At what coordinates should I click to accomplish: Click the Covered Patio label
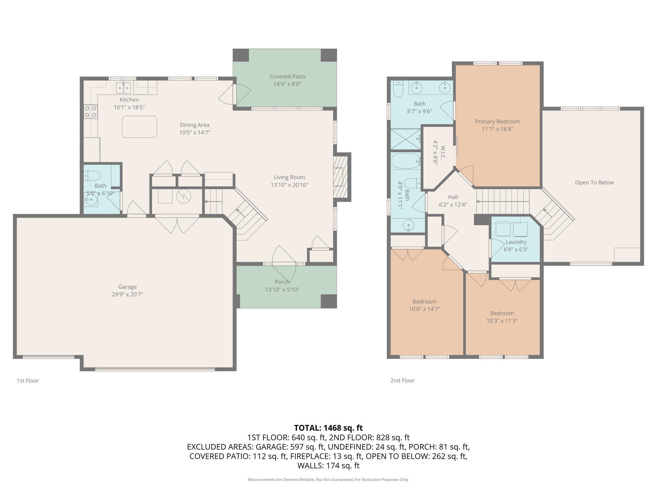tap(287, 77)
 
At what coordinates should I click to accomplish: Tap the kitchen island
tap(139, 127)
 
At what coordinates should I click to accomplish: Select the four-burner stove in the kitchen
tap(91, 111)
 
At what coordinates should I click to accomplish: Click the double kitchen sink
tap(124, 88)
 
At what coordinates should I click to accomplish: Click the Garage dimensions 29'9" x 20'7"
tap(127, 294)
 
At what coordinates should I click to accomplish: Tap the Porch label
tap(282, 282)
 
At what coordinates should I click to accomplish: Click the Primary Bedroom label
tap(497, 122)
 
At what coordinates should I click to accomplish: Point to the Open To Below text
tap(594, 183)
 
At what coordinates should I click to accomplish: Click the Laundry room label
tap(516, 242)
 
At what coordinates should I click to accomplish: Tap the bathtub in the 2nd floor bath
tap(406, 161)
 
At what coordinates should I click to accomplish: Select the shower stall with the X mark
tap(406, 139)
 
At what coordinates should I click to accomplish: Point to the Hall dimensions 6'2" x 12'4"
tap(453, 205)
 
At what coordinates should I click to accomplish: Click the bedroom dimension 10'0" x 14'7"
tap(424, 309)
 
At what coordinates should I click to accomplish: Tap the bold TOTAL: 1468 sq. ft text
tap(328, 428)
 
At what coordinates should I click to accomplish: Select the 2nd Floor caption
tap(402, 381)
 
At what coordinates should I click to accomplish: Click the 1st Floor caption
tap(28, 381)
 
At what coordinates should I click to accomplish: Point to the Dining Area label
tap(194, 125)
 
